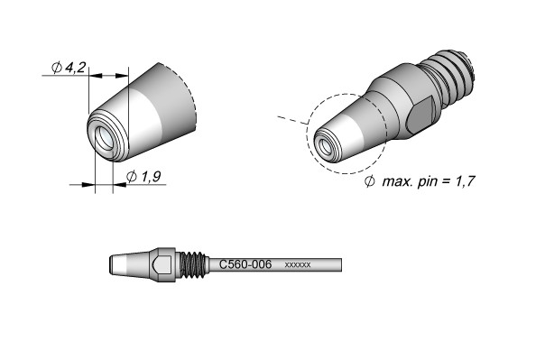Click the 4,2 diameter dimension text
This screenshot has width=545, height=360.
tap(75, 67)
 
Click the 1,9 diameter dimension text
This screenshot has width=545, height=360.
tap(151, 177)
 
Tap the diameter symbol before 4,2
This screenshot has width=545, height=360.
tap(57, 67)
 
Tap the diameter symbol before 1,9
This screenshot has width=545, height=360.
tap(132, 177)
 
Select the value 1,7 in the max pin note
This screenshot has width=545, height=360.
tap(465, 181)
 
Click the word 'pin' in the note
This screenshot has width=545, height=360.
tap(427, 181)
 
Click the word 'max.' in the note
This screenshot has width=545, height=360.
tap(397, 181)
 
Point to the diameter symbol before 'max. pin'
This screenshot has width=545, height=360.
tap(369, 181)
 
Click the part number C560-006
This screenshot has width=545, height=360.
tap(245, 264)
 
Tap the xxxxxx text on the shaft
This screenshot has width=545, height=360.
tap(298, 265)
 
